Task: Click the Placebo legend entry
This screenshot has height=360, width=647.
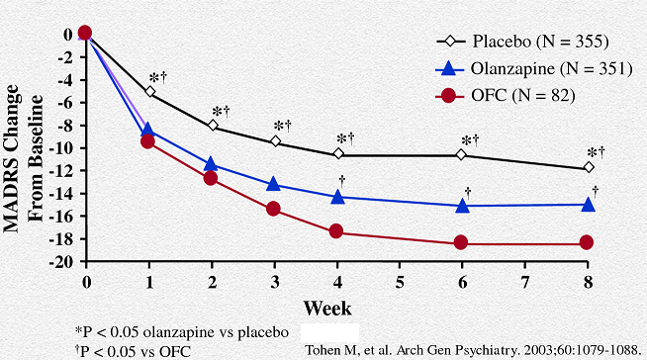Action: (x=522, y=42)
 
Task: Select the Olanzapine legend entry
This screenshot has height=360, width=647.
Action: (x=534, y=68)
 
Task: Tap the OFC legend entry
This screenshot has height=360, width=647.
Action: (x=506, y=96)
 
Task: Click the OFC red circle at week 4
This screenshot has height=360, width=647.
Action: (x=336, y=230)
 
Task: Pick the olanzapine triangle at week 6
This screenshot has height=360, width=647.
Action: (x=463, y=206)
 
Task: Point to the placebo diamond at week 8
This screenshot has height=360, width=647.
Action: (x=589, y=167)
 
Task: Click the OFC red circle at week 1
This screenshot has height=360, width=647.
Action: (x=147, y=141)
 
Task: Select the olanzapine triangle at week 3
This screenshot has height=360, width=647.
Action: (x=274, y=184)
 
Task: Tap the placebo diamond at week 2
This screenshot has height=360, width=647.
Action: (x=213, y=125)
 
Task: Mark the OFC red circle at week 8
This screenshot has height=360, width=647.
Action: (x=587, y=242)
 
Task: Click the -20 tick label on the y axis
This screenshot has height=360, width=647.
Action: (x=61, y=262)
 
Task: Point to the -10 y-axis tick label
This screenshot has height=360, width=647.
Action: (x=61, y=148)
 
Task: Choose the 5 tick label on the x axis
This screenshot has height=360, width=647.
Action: (x=400, y=282)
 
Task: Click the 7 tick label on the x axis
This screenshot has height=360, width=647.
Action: (x=525, y=282)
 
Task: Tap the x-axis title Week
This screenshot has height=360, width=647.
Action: (x=327, y=308)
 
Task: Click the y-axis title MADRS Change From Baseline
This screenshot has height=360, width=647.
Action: (x=24, y=158)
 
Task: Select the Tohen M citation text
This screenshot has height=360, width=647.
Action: (x=473, y=350)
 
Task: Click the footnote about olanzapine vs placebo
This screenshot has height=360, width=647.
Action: (x=182, y=332)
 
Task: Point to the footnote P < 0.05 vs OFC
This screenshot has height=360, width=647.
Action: (x=133, y=351)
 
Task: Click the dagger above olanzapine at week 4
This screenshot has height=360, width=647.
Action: (x=341, y=181)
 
